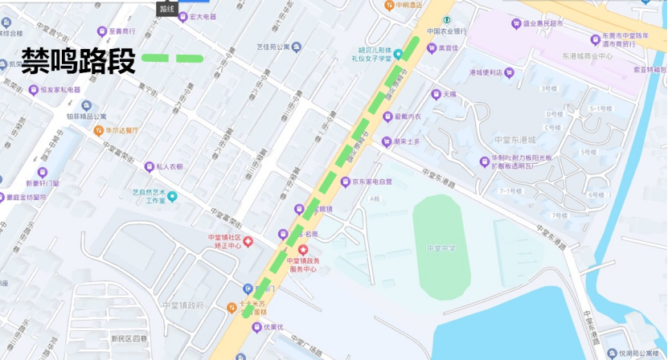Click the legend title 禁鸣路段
click(x=78, y=59)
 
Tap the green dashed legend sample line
click(x=172, y=59)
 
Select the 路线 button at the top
click(x=166, y=9)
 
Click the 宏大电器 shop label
click(x=202, y=16)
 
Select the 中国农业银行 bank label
click(x=447, y=31)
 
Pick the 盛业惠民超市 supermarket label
click(x=542, y=23)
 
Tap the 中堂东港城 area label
click(x=516, y=140)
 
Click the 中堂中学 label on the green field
click(x=441, y=247)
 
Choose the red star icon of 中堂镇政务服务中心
click(x=302, y=250)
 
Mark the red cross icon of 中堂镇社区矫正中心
click(x=248, y=241)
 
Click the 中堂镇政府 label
click(x=182, y=305)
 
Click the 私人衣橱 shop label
click(x=170, y=167)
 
